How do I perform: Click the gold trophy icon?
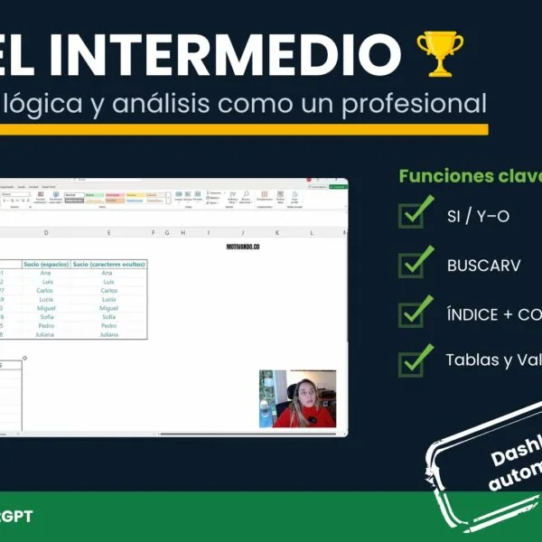(x=439, y=52)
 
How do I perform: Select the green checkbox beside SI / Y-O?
(x=416, y=215)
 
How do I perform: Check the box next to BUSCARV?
(x=416, y=263)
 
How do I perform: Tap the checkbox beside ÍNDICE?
(x=416, y=312)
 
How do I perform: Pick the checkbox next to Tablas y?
(x=416, y=360)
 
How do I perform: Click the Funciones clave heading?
(x=470, y=176)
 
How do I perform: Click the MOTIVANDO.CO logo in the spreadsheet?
(x=243, y=247)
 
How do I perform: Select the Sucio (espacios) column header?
(x=46, y=264)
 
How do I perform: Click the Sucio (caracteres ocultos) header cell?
(x=108, y=264)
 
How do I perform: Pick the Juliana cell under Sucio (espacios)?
(x=46, y=334)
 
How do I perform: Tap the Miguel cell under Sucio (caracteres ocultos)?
(x=108, y=308)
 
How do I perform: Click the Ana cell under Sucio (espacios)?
(x=46, y=273)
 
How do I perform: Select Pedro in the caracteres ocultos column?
(x=108, y=325)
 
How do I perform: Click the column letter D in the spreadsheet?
(x=46, y=232)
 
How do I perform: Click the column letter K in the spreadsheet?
(x=276, y=232)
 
